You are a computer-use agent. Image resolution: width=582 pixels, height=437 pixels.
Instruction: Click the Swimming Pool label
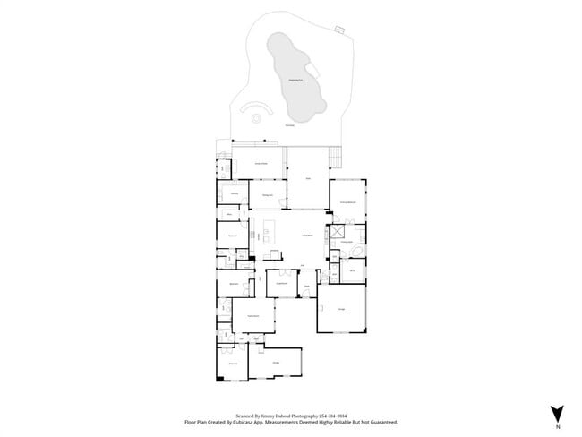294,81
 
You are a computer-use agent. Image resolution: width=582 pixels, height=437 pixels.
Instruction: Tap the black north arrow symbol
557,411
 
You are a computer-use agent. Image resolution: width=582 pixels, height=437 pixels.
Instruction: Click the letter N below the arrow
557,426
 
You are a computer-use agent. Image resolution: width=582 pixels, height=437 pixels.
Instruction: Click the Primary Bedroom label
348,204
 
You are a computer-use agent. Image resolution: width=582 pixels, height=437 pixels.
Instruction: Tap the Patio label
307,179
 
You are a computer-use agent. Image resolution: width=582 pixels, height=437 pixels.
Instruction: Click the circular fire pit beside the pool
257,116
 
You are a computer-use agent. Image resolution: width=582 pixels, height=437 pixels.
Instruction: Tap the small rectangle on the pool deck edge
339,30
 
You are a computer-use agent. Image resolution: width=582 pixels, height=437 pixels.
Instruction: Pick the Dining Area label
267,195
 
